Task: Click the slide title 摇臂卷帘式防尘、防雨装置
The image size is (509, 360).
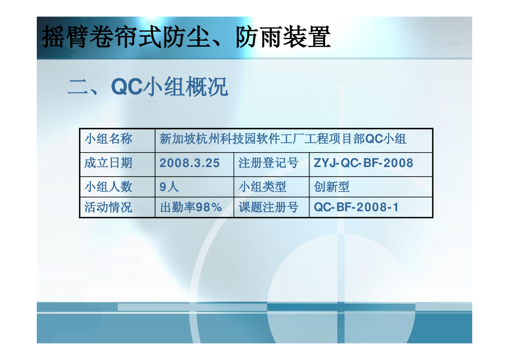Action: click(x=186, y=37)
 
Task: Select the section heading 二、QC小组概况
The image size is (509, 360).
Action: click(x=148, y=87)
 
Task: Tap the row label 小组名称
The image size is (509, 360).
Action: click(x=108, y=139)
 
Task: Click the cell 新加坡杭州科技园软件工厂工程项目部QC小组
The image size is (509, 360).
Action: click(x=283, y=139)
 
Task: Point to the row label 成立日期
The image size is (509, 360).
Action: click(x=108, y=163)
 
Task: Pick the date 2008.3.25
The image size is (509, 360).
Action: click(x=189, y=163)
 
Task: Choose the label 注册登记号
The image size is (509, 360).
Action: click(x=268, y=163)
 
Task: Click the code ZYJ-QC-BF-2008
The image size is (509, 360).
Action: click(x=363, y=163)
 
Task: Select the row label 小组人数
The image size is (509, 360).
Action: click(x=108, y=186)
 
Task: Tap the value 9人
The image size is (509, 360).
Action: click(x=169, y=186)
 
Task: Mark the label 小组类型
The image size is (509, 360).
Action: click(x=262, y=186)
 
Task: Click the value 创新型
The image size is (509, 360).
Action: click(x=332, y=186)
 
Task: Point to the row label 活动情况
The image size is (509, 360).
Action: click(x=108, y=207)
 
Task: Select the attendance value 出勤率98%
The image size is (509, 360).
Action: click(x=191, y=207)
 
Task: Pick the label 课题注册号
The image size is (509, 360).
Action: click(x=268, y=207)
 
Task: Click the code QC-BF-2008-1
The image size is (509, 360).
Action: click(x=356, y=207)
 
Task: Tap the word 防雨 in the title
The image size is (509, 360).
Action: click(x=258, y=37)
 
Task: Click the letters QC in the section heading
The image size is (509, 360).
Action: click(x=127, y=87)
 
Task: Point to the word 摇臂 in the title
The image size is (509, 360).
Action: click(x=65, y=37)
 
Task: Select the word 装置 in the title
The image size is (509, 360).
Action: click(x=307, y=37)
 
